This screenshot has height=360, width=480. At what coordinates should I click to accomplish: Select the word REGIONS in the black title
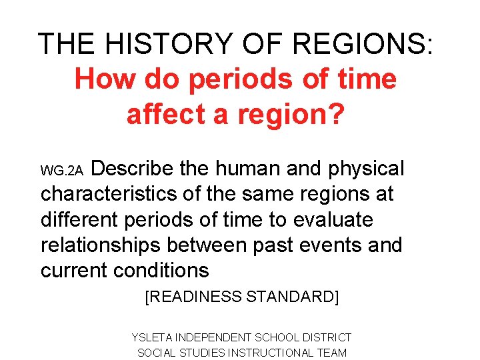click(x=361, y=44)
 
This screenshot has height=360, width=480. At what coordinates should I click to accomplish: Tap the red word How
click(x=103, y=79)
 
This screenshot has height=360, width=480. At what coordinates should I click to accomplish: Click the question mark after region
click(x=337, y=114)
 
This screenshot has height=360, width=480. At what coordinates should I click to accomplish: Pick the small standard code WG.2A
click(x=61, y=172)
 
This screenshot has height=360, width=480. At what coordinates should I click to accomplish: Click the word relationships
click(x=101, y=245)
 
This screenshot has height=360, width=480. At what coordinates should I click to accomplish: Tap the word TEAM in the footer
click(x=333, y=353)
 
